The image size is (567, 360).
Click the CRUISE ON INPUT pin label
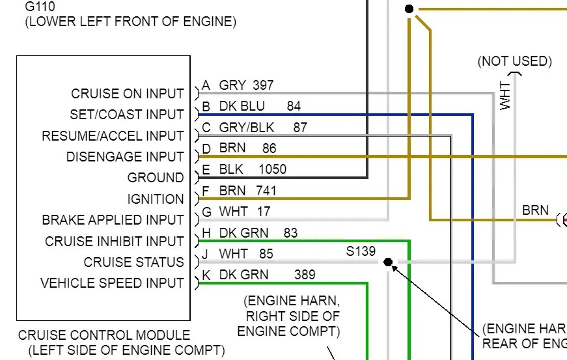click(128, 94)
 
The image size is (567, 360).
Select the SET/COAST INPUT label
click(127, 115)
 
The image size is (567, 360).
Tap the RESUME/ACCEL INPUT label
click(113, 136)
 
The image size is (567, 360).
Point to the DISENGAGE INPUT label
click(125, 157)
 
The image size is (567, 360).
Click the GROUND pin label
click(156, 178)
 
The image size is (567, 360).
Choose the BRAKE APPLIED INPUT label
click(113, 220)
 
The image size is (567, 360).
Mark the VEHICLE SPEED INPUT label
click(112, 283)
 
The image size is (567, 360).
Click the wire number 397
click(263, 85)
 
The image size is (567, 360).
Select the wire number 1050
click(272, 169)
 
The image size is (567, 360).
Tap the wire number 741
click(267, 191)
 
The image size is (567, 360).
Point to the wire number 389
click(305, 275)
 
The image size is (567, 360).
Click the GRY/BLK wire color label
click(247, 128)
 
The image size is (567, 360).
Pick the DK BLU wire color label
click(242, 106)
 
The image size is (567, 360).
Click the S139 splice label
click(361, 251)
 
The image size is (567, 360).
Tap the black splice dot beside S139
click(388, 262)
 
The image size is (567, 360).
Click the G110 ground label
click(40, 7)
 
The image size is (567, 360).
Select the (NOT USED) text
click(514, 62)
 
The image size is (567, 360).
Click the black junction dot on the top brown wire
click(409, 8)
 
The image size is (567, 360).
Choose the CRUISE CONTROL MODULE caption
click(104, 336)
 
